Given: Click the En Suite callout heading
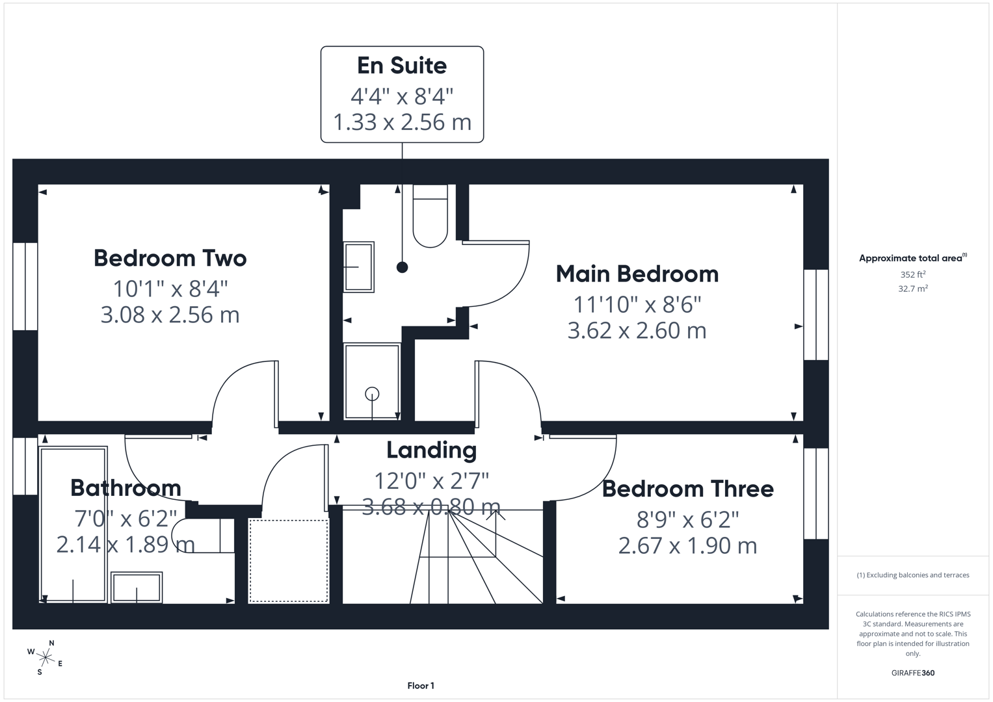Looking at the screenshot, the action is point(402,66).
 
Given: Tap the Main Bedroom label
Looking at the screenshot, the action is point(637,274).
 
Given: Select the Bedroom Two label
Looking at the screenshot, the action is point(170,258).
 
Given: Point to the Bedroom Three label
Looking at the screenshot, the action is point(687,489).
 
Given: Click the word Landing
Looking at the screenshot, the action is point(431,450).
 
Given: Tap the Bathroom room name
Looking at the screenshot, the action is point(126,488).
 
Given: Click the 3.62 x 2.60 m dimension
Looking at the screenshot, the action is point(637,331).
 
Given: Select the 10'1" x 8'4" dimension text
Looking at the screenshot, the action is point(170,289).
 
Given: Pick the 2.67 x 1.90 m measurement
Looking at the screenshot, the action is point(687,545).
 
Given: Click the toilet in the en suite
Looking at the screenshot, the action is point(430,216).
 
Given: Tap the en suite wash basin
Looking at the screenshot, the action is point(358,266).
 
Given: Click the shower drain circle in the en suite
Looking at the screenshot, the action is point(372,393).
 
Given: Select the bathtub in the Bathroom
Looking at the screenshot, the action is point(73,525).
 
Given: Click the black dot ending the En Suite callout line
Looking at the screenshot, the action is point(402,267).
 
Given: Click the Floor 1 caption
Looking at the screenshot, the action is point(421,686).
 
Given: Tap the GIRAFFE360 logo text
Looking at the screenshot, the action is point(913,673).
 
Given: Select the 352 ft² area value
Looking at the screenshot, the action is point(913,274).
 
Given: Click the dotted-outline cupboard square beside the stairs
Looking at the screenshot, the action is point(288,561).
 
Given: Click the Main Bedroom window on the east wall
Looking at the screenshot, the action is point(816,315).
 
